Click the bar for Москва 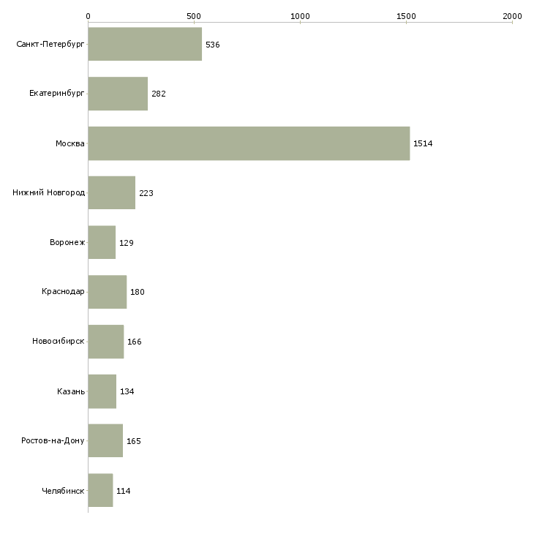[x=249, y=143]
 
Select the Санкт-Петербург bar [x=145, y=44]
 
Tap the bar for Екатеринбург [x=118, y=94]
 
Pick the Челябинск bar [x=100, y=490]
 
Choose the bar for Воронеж [x=102, y=242]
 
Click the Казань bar [x=102, y=391]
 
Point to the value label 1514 [x=423, y=143]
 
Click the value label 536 [x=213, y=45]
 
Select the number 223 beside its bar [x=146, y=193]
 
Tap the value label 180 [x=138, y=292]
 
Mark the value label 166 [x=134, y=342]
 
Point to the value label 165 [x=133, y=441]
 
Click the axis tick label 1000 [x=300, y=16]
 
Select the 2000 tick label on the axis [x=512, y=16]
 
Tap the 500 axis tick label [x=194, y=16]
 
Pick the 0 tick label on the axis [x=89, y=16]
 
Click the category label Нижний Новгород [x=49, y=193]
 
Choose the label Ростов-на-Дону [x=53, y=440]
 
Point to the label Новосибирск [x=59, y=341]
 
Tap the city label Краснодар [x=63, y=292]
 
